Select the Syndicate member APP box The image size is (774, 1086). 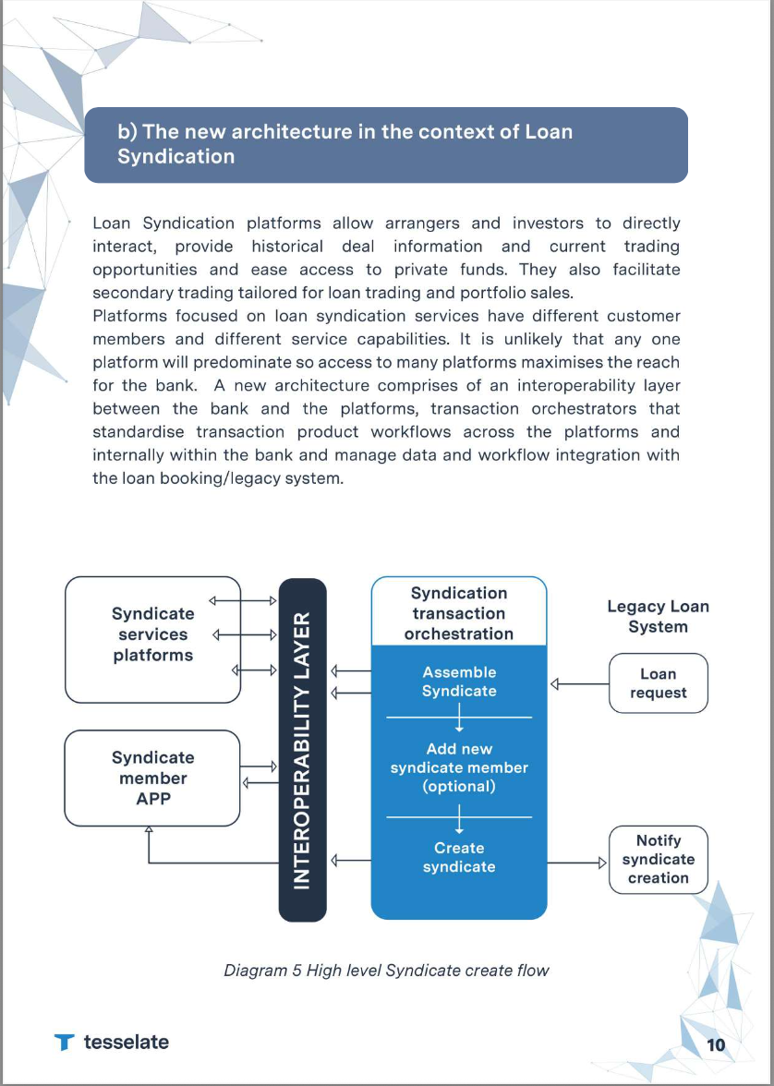click(x=153, y=778)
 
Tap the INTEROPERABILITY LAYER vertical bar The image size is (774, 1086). click(x=302, y=749)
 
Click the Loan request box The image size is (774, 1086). click(x=658, y=683)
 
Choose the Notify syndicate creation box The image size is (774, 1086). click(x=658, y=859)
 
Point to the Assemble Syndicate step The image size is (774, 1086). click(x=459, y=682)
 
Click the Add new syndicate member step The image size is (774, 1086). click(x=459, y=767)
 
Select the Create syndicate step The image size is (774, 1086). click(x=459, y=857)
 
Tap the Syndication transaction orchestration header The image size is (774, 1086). click(x=459, y=613)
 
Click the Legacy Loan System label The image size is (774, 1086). click(x=658, y=616)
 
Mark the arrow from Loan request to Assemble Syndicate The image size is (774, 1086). click(x=579, y=684)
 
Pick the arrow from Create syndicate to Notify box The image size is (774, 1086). click(x=577, y=864)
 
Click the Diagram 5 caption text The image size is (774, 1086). click(x=386, y=971)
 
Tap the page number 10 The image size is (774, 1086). click(x=716, y=1044)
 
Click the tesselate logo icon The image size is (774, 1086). click(x=64, y=1043)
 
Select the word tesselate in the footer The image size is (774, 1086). click(x=127, y=1042)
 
